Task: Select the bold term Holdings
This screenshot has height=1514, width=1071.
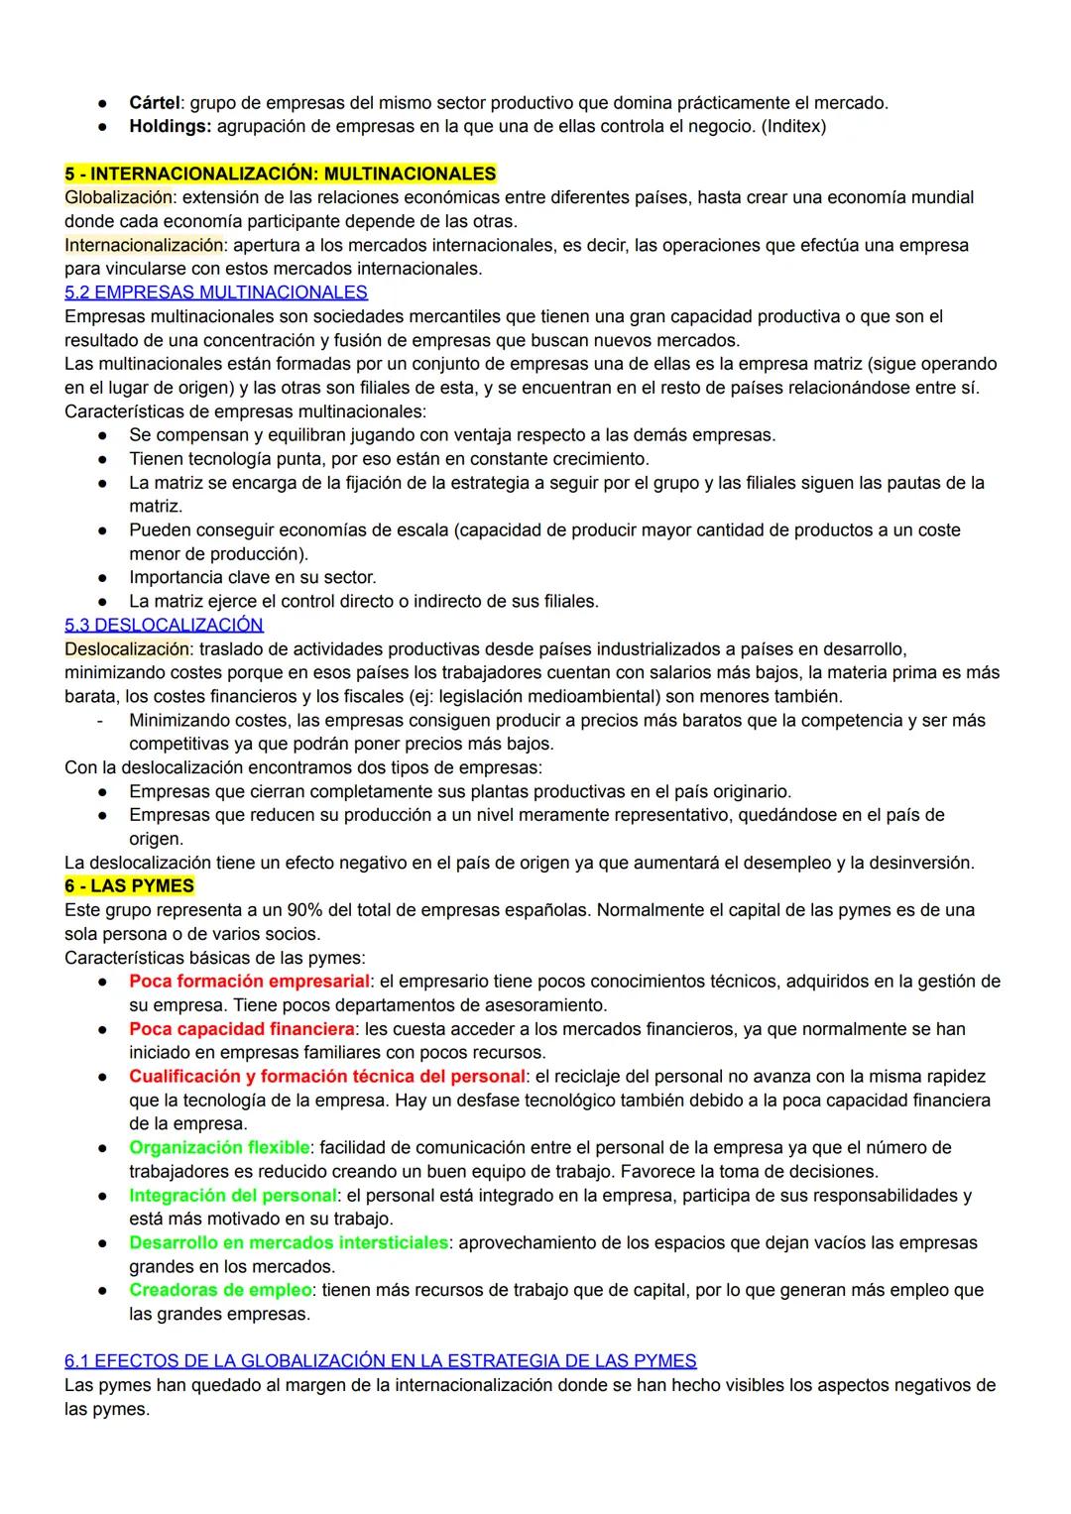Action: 170,126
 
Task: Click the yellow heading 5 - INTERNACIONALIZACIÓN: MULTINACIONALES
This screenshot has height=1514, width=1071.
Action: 280,174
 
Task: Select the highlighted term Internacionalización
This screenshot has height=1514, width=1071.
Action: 144,245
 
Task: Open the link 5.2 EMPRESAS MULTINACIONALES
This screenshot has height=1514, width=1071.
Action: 215,292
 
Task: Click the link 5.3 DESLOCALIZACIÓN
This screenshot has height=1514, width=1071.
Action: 164,625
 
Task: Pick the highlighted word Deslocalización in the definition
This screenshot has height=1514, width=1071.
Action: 126,648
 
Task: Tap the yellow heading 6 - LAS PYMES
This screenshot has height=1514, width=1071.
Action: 129,885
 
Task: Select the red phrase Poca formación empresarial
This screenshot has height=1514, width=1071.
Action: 249,981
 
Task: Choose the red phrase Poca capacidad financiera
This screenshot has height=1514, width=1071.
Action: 241,1028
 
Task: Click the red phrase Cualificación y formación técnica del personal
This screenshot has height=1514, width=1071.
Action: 326,1076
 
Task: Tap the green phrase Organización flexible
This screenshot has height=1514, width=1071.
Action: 218,1147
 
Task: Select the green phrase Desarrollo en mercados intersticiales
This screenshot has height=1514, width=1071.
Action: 288,1242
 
